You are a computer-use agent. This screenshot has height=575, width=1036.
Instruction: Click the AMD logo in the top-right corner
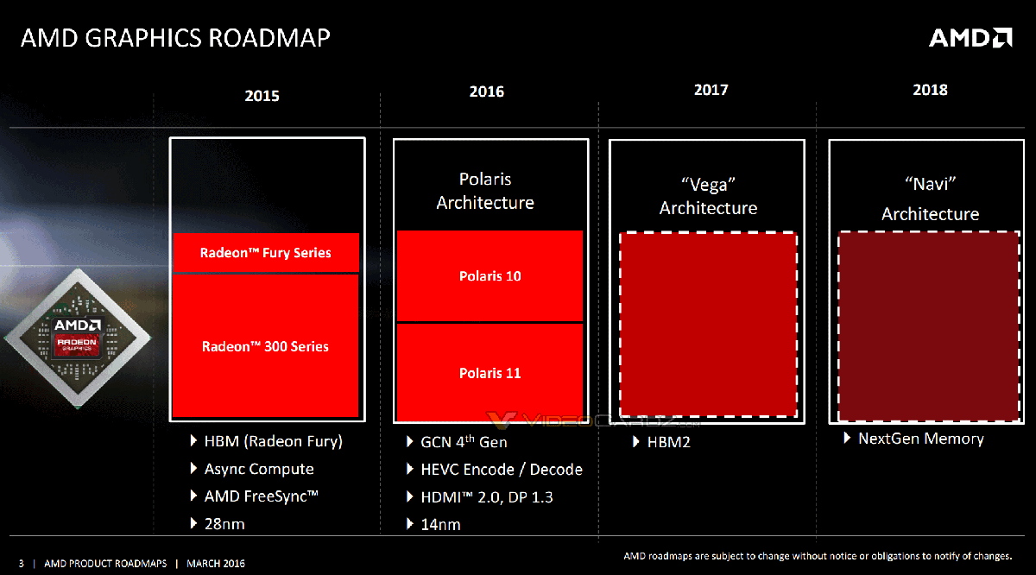point(970,37)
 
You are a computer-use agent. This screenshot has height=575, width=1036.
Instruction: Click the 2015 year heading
point(262,96)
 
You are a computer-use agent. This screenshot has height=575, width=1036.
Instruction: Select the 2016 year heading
point(487,92)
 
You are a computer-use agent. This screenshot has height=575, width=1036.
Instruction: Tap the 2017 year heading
point(711,90)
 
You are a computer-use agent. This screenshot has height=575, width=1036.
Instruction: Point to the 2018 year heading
point(930,90)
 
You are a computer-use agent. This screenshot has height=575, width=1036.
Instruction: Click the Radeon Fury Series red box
point(266,253)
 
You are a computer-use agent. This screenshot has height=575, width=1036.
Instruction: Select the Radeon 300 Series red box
point(266,346)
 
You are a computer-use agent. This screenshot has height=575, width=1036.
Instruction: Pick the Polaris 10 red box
point(490,276)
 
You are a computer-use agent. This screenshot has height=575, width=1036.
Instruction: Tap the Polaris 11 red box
point(490,373)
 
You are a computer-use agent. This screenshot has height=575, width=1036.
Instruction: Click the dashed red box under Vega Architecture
point(708,325)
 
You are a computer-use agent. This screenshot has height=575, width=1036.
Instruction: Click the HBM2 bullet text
point(668,442)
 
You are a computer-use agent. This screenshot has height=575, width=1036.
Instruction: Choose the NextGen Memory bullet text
point(920,439)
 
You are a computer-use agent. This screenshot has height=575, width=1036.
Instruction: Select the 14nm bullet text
point(442,524)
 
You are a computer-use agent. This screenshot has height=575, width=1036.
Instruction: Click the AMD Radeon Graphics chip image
point(78,337)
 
